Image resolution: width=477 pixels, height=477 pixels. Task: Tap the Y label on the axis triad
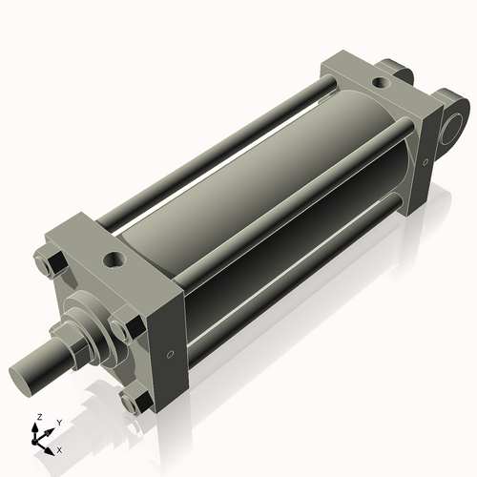pos(58,422)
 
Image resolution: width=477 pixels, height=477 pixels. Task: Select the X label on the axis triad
pos(60,448)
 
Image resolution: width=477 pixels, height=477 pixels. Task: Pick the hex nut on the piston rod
pos(67,343)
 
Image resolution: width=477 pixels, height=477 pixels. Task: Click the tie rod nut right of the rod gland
pos(120,329)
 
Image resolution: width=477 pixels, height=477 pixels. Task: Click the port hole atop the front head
pos(114,259)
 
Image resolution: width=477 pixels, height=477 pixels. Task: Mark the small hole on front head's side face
pos(170,355)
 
